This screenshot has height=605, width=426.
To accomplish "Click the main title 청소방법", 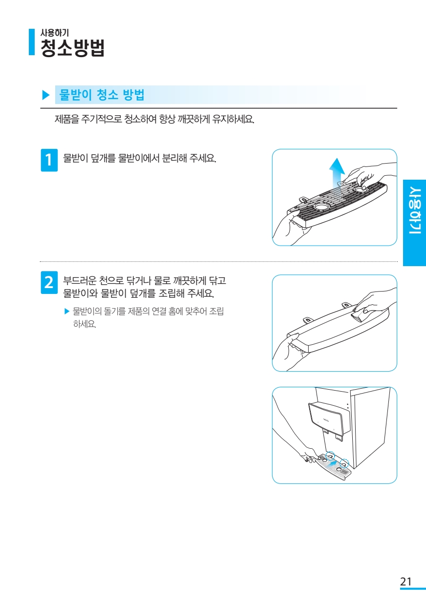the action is coord(72,48).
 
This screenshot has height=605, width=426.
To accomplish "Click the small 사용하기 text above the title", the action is coord(55,33).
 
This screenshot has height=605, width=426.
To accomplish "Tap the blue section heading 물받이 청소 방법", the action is coord(102,95).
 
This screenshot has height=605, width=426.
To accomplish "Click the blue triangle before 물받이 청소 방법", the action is coord(46,95).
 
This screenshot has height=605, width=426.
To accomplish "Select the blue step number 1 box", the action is coord(49,160).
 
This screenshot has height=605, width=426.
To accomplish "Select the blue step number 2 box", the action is coord(49,282).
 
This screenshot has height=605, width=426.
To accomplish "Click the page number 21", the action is coord(406,582).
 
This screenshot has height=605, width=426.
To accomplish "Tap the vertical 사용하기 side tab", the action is coord(415,223).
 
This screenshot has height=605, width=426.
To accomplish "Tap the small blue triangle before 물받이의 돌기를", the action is coord(67,312).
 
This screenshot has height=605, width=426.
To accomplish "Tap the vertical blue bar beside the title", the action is coord(32,42).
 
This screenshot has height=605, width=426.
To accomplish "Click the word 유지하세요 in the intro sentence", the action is coord(233,119).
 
